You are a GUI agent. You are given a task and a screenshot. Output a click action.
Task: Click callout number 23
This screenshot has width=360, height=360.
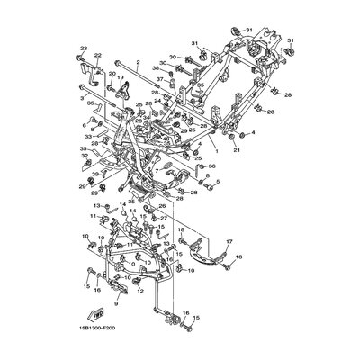pyautogui.click(x=84, y=48)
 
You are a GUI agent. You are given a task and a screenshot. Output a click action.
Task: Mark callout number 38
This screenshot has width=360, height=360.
pyautogui.click(x=155, y=68)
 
